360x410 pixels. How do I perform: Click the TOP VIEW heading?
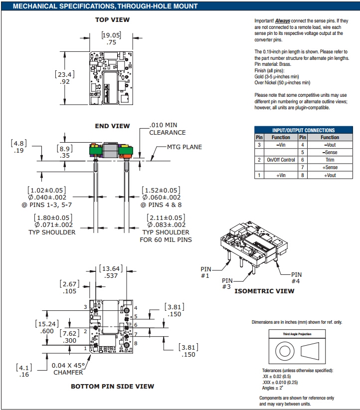click(x=112, y=19)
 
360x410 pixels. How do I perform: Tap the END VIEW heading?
click(x=112, y=126)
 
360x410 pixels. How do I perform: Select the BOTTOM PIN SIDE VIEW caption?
click(x=112, y=386)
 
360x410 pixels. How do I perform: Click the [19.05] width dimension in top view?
click(x=111, y=35)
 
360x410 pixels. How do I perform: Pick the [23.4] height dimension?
click(x=65, y=74)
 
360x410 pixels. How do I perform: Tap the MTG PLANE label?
click(x=185, y=147)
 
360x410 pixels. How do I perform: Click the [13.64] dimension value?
click(x=110, y=269)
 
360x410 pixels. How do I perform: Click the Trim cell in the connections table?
click(x=330, y=160)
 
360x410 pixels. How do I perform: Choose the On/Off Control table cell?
click(x=281, y=160)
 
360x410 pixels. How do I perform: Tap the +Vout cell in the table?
click(x=330, y=176)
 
